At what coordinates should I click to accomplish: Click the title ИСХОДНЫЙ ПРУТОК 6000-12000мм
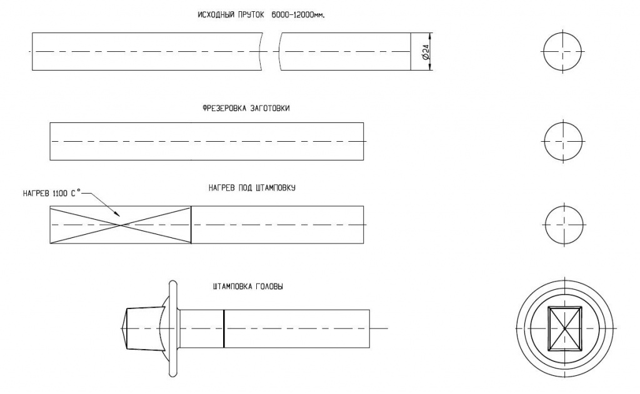click(264, 15)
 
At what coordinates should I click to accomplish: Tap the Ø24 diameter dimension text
click(426, 52)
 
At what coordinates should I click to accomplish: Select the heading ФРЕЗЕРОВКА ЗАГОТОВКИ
click(246, 109)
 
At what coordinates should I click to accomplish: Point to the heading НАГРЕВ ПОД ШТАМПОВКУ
click(252, 188)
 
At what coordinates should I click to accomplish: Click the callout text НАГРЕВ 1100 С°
click(52, 194)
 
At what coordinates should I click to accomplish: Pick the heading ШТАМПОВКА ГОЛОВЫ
click(247, 287)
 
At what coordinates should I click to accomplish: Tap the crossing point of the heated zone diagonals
click(121, 225)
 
